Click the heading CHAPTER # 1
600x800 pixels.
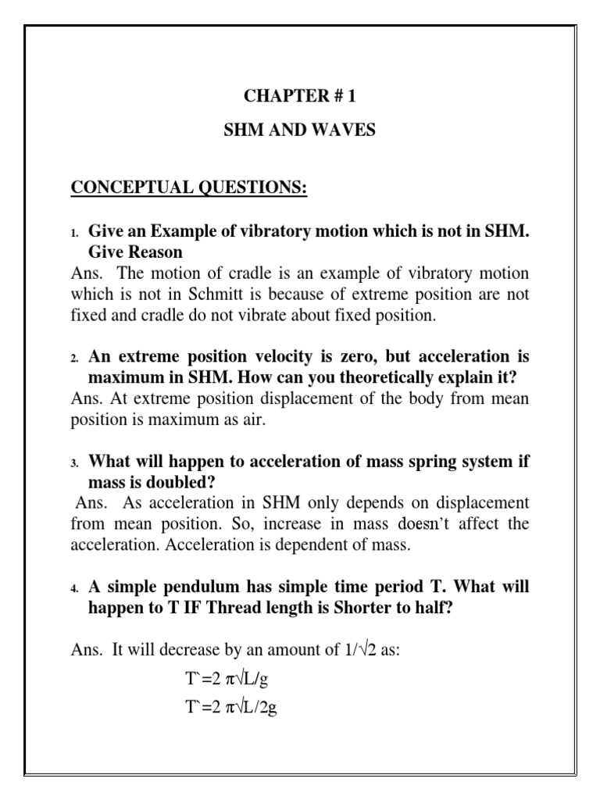(x=299, y=97)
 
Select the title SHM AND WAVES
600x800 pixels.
(x=300, y=130)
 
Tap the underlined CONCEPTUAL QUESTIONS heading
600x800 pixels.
(x=190, y=190)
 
